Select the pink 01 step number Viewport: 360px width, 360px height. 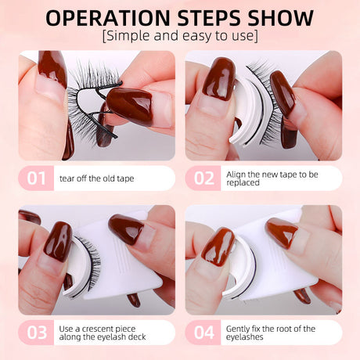tap(37, 178)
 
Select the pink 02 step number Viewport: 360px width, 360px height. tap(203, 178)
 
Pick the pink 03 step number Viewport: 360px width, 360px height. tap(37, 332)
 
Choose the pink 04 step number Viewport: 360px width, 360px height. tap(203, 332)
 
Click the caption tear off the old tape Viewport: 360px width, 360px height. tap(96, 178)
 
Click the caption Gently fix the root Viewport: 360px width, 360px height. tap(271, 332)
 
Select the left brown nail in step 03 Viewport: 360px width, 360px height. tap(57, 242)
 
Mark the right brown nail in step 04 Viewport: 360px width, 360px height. tap(281, 232)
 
